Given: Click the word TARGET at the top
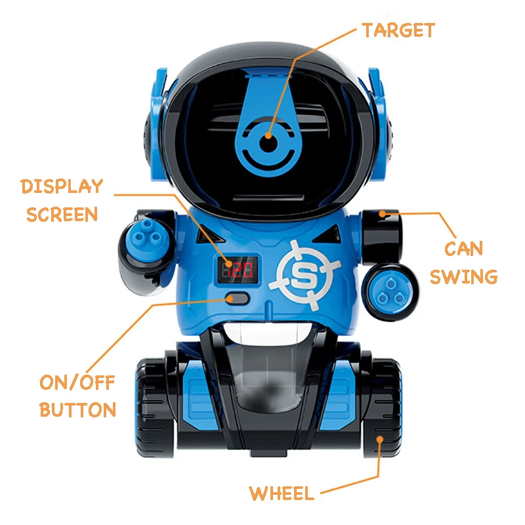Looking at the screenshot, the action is (398, 30).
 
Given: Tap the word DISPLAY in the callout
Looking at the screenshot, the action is (62, 186).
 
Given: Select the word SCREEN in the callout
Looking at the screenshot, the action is (62, 215).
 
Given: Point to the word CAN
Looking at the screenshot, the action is (463, 249).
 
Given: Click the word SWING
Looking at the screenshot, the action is (463, 276).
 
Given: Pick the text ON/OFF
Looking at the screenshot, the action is (77, 383).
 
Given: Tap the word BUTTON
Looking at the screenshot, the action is (77, 410).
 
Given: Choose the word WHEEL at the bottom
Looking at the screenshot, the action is (282, 493).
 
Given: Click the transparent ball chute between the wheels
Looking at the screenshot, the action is (266, 381).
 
